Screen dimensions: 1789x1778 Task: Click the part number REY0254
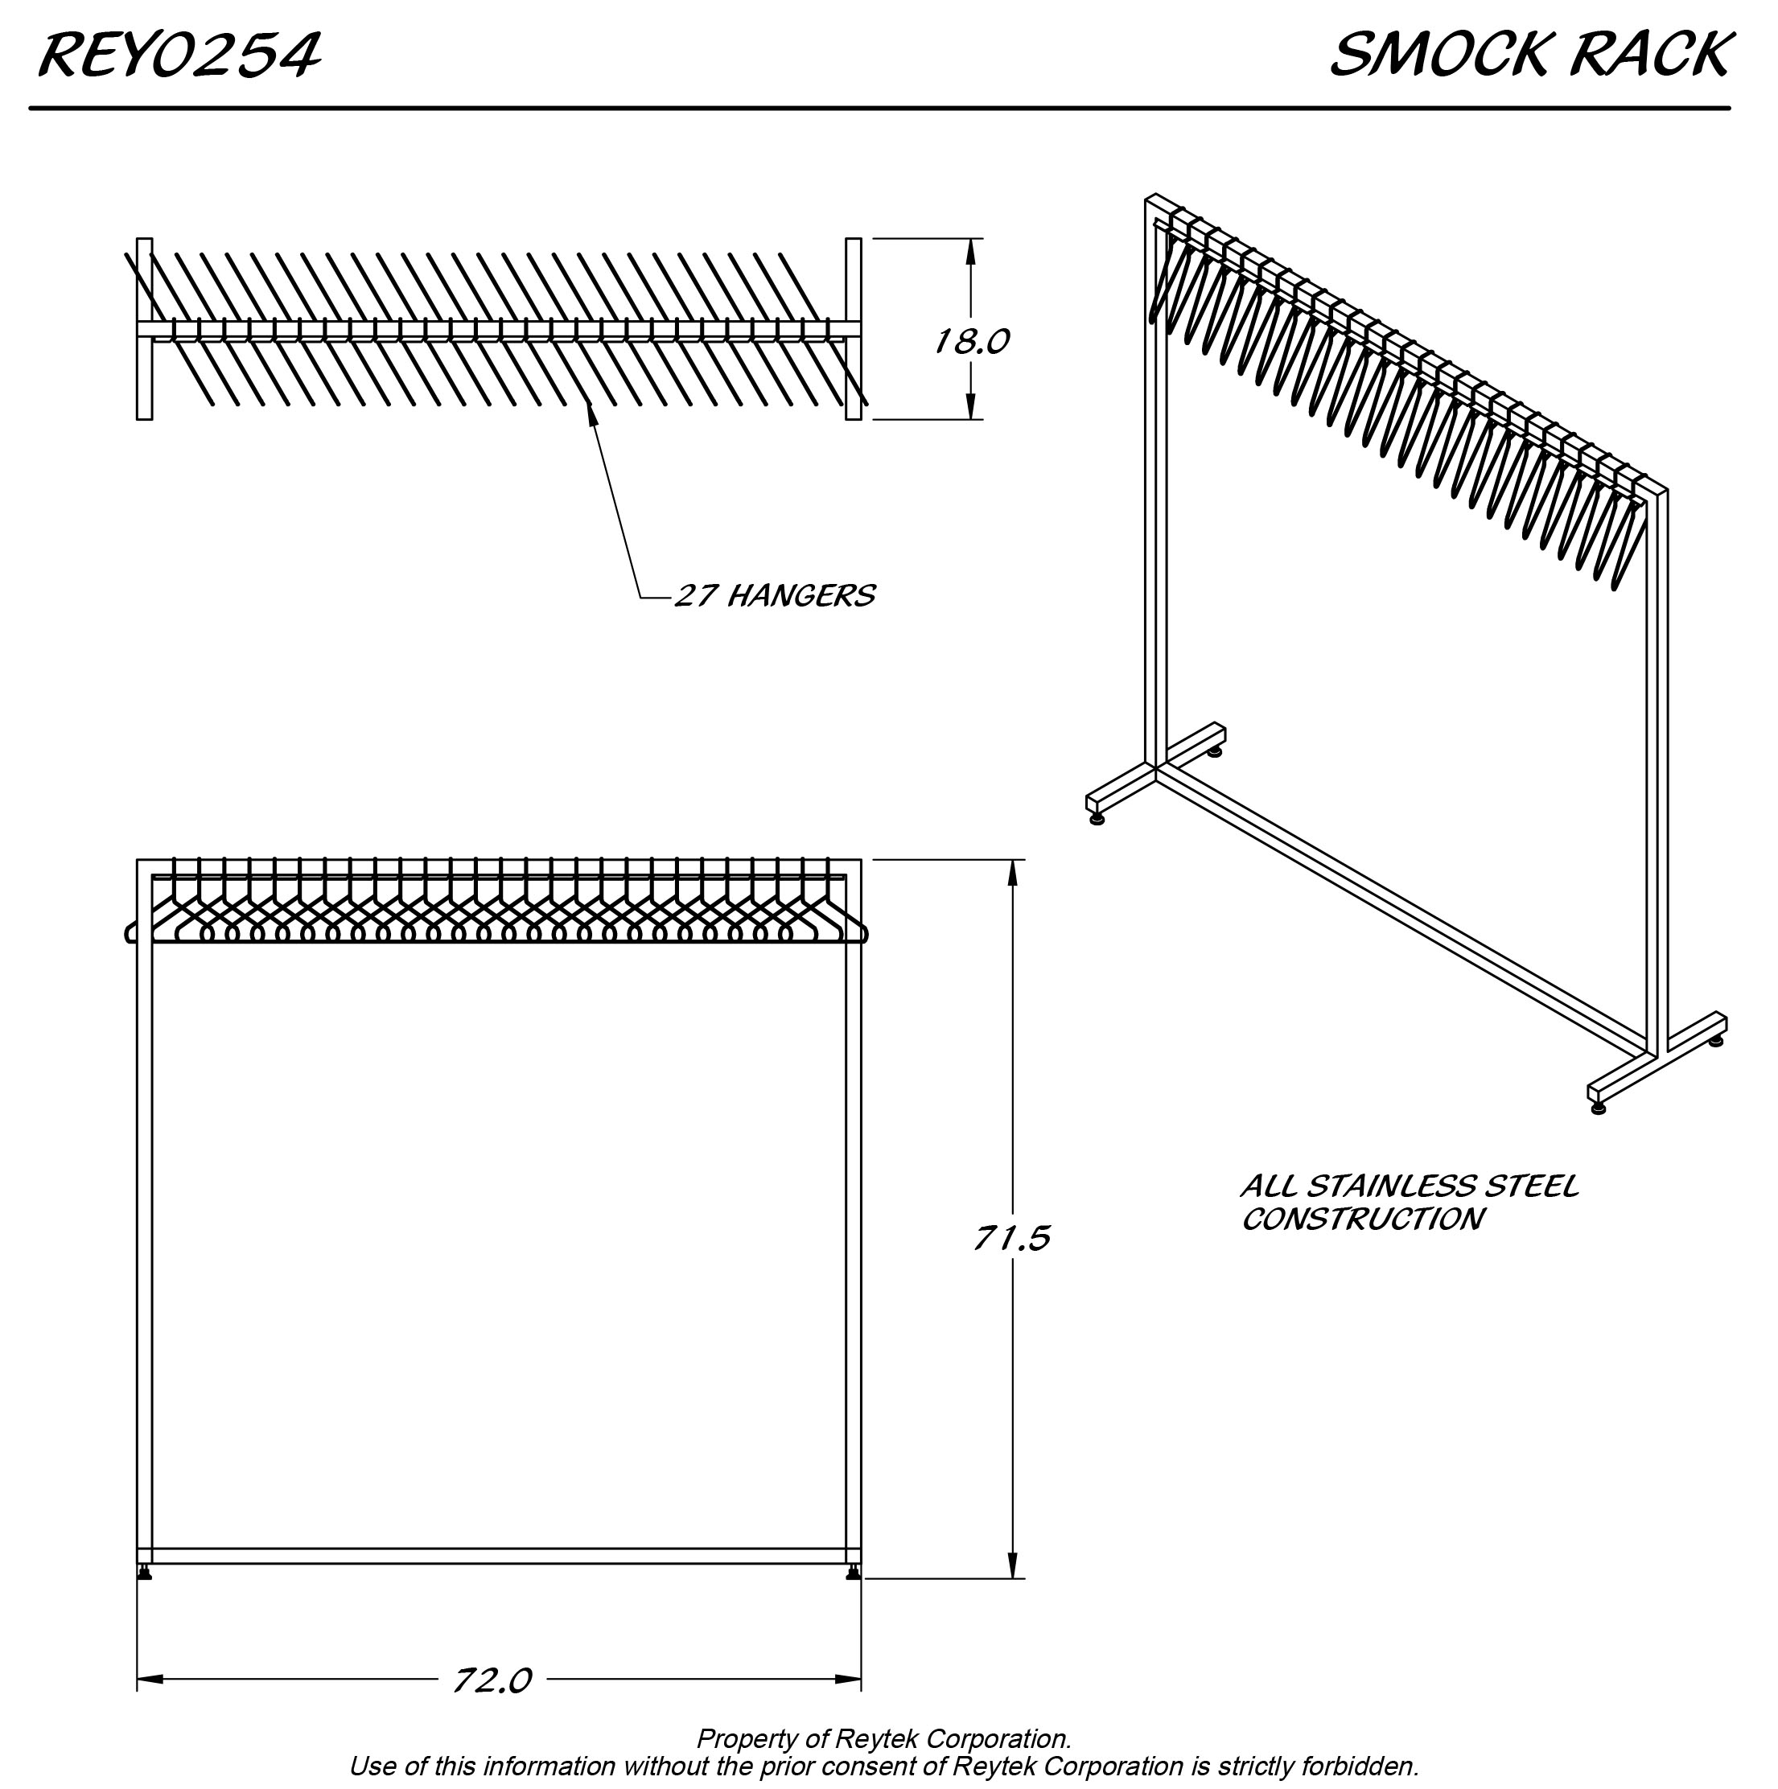pyautogui.click(x=179, y=56)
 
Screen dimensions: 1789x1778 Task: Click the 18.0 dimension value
pyautogui.click(x=970, y=343)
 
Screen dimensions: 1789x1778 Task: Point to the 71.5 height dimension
pyautogui.click(x=1011, y=1238)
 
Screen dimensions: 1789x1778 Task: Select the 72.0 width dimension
pyautogui.click(x=492, y=1680)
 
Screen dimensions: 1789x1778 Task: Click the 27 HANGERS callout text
pyautogui.click(x=774, y=595)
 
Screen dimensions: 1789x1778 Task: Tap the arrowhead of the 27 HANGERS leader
pyautogui.click(x=590, y=410)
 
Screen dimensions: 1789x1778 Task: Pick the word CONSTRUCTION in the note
pyautogui.click(x=1362, y=1219)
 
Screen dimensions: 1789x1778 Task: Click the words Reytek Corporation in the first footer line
pyautogui.click(x=951, y=1739)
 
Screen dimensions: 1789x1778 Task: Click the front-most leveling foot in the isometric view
pyautogui.click(x=1599, y=1108)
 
